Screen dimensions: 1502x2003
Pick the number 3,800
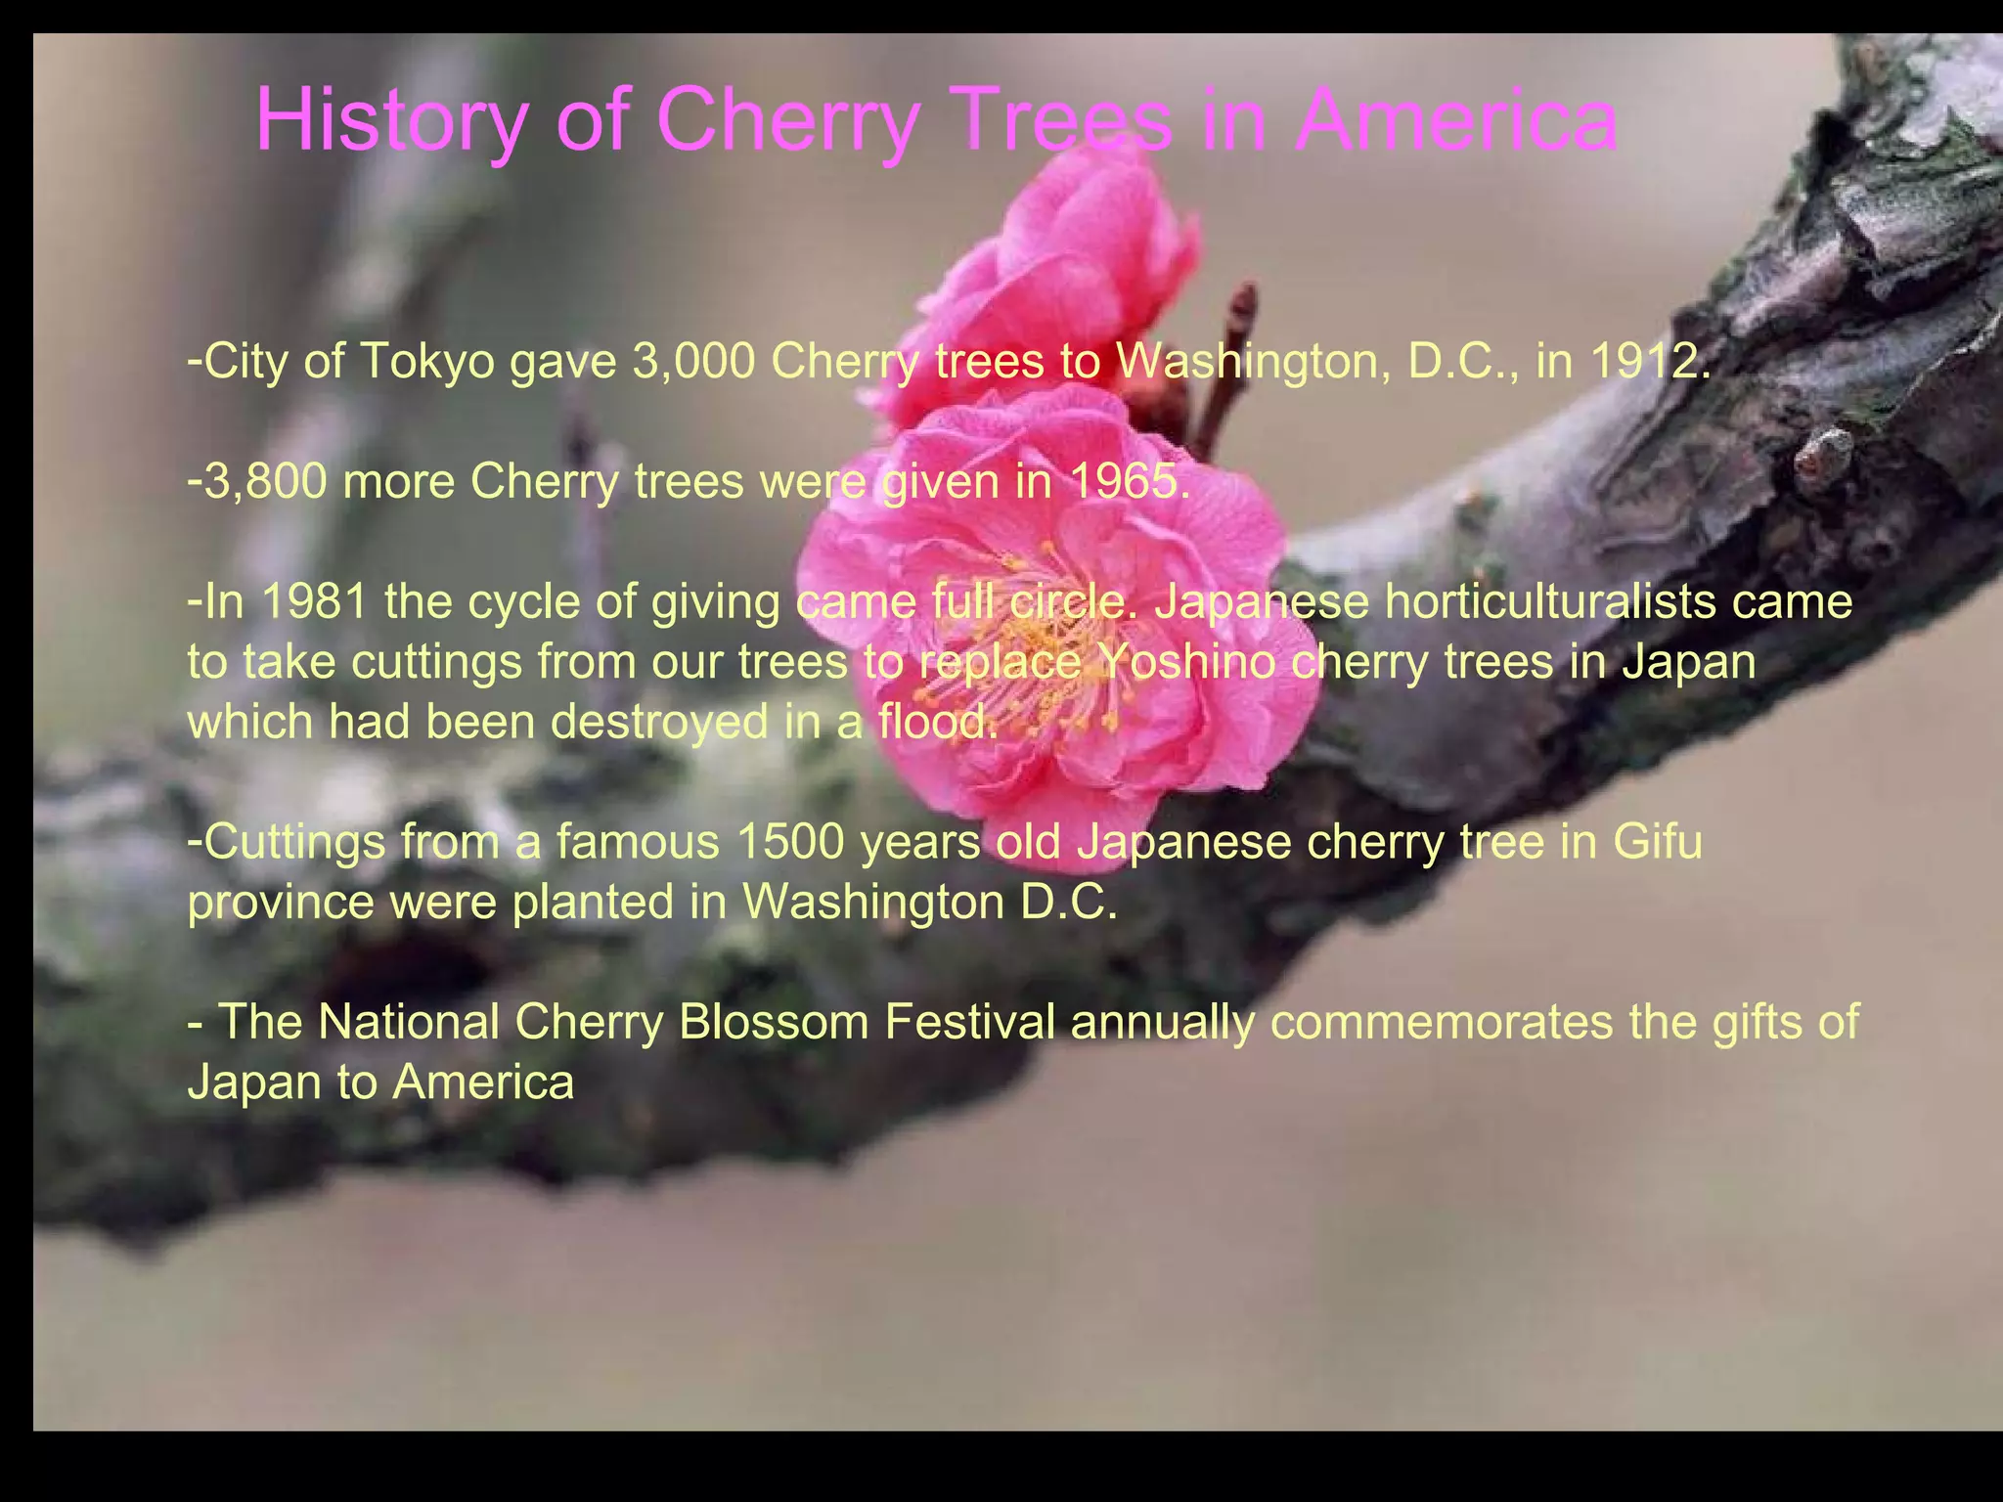[x=265, y=482]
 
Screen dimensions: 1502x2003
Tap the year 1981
[x=314, y=601]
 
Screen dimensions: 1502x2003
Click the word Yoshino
[x=1184, y=662]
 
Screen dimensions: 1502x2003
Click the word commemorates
[x=1438, y=1022]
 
